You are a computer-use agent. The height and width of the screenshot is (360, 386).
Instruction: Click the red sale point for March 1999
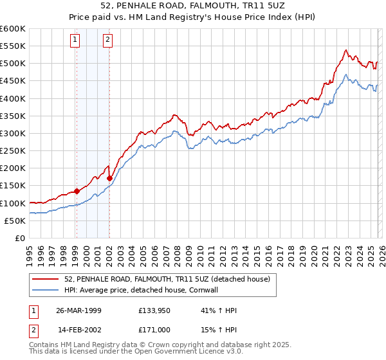pyautogui.click(x=77, y=191)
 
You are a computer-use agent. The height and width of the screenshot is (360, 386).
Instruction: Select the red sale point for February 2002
pyautogui.click(x=109, y=178)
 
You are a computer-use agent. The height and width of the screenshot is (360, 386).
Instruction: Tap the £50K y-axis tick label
pyautogui.click(x=15, y=221)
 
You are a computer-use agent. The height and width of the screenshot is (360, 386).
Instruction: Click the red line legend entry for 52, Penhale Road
pyautogui.click(x=170, y=279)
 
